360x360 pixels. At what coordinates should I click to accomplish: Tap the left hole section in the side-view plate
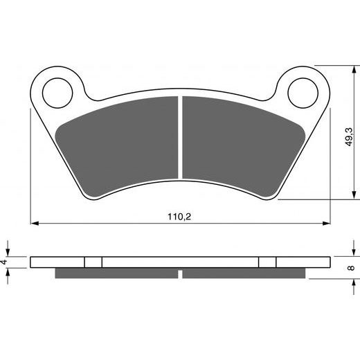[93, 262]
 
